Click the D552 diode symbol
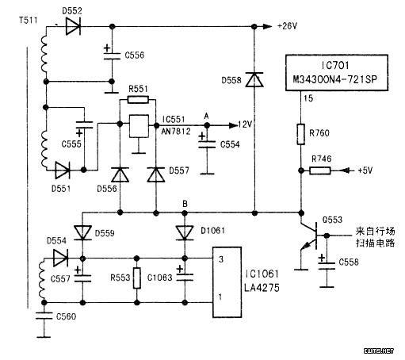click(73, 26)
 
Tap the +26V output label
click(287, 26)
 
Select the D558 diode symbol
click(254, 79)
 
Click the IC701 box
click(337, 73)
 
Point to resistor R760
click(300, 134)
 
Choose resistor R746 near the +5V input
click(320, 170)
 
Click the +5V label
click(365, 170)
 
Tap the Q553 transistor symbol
click(309, 236)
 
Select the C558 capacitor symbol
click(327, 266)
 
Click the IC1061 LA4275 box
click(227, 282)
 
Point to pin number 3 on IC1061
click(221, 259)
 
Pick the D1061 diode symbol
click(185, 233)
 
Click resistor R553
click(137, 278)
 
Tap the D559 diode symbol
click(82, 233)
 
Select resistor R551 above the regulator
click(138, 100)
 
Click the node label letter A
click(207, 116)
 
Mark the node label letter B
click(185, 204)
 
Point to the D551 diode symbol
click(63, 170)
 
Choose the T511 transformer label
click(29, 21)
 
